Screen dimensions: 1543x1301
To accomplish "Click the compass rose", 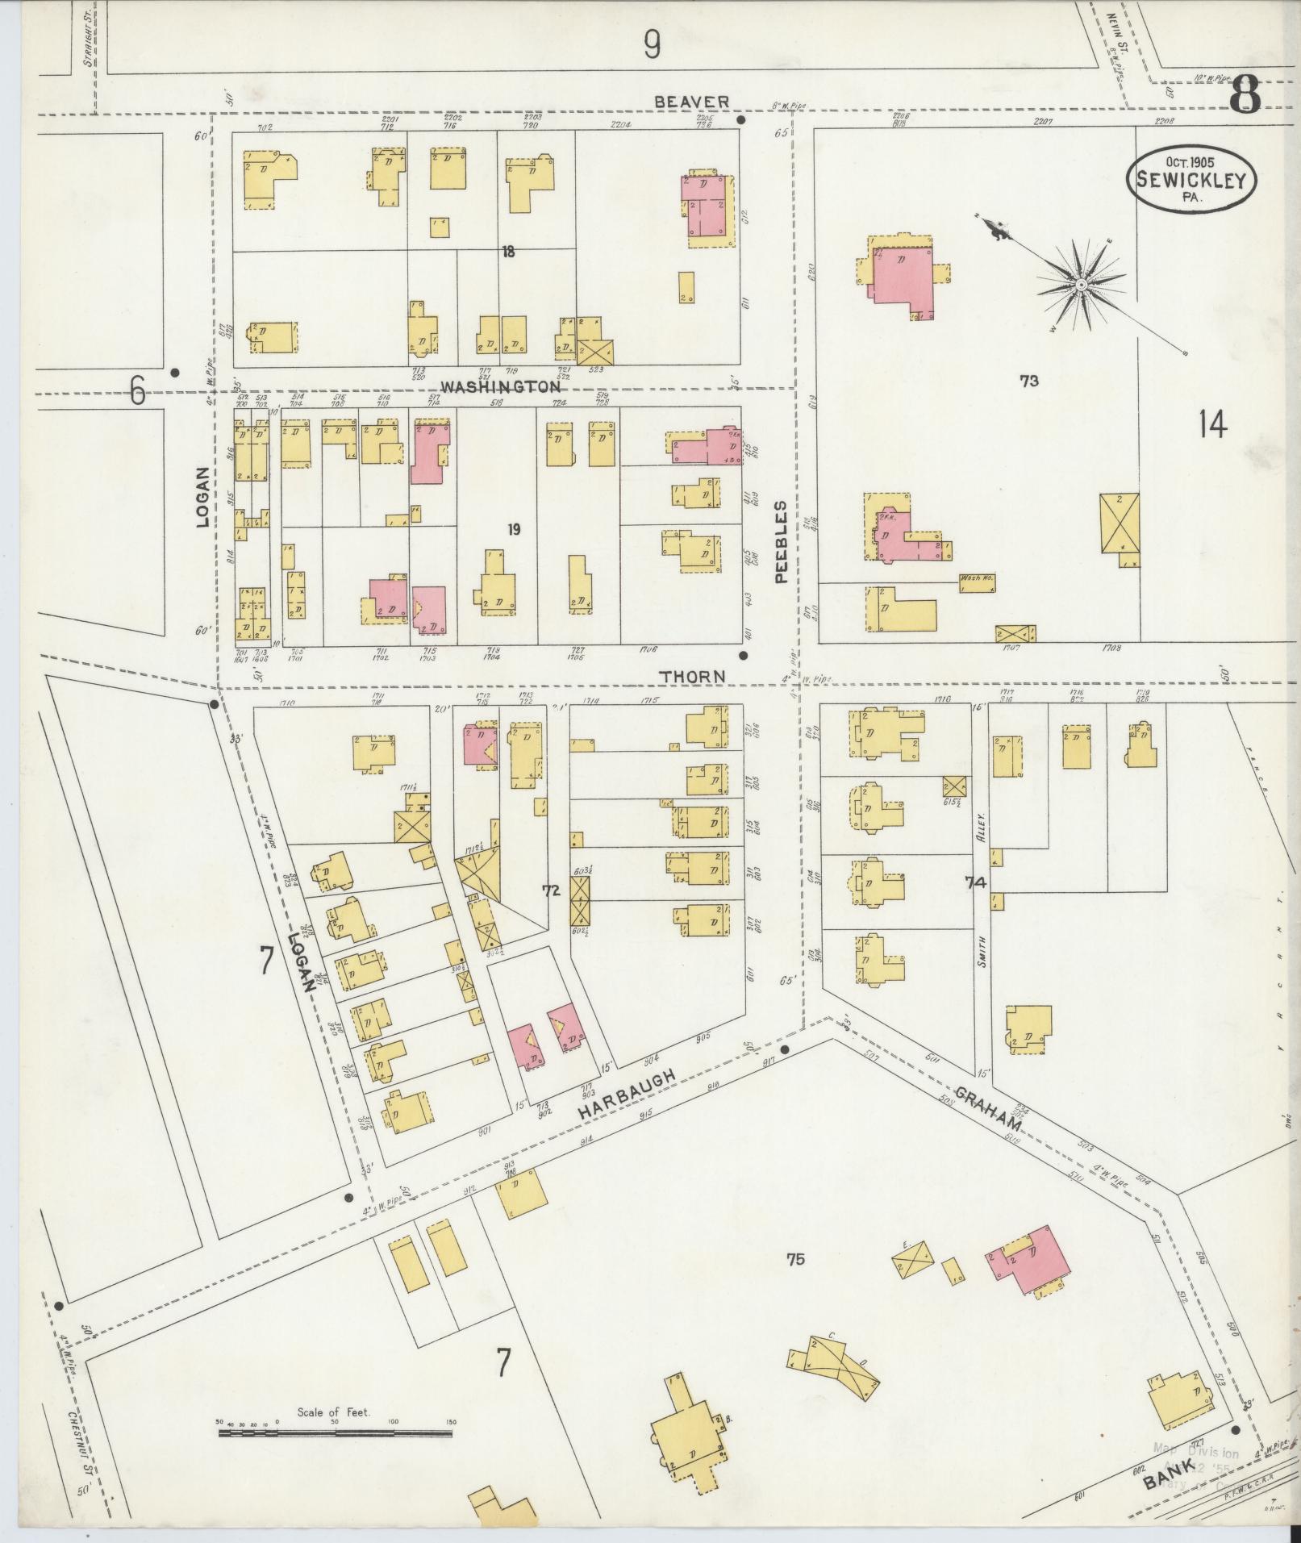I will pos(1080,285).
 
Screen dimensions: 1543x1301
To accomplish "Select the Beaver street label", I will pos(691,102).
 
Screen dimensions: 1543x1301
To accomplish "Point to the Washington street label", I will pos(500,386).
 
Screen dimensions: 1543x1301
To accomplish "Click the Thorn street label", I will pos(693,676).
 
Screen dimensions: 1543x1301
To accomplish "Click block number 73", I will pos(1028,382).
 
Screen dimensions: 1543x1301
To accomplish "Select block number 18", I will pos(507,252).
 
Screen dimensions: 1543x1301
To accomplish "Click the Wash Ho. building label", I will pos(977,578).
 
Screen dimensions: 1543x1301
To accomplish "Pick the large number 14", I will pos(1212,423).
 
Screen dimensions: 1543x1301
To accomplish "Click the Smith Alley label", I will pos(982,911).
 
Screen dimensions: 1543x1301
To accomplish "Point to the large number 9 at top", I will pos(652,44).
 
